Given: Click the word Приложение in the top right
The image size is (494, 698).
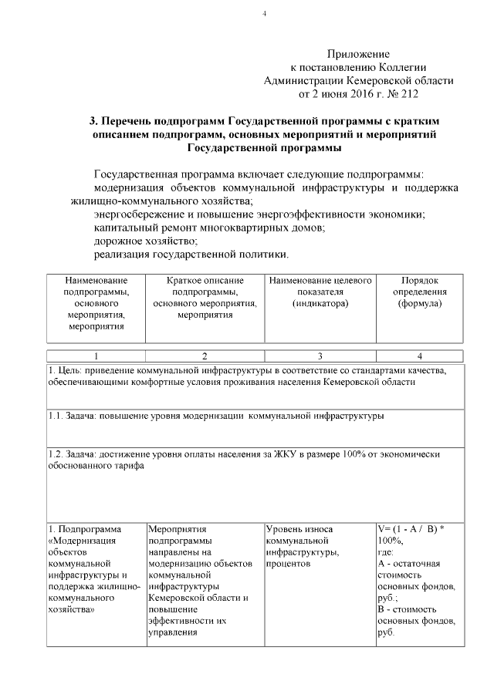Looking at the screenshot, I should pyautogui.click(x=357, y=54).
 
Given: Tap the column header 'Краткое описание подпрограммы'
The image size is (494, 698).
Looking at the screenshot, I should pyautogui.click(x=205, y=297).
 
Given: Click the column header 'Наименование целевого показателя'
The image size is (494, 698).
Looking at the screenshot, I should pyautogui.click(x=320, y=291).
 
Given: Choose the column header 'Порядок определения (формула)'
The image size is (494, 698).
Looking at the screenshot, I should pyautogui.click(x=420, y=291).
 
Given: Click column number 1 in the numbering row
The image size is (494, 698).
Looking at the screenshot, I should pyautogui.click(x=96, y=356).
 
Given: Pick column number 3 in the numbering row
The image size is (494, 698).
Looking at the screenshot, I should pyautogui.click(x=320, y=356).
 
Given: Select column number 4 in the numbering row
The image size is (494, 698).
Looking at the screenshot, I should pyautogui.click(x=419, y=356).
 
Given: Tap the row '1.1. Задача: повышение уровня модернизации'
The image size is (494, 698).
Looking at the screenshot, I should pyautogui.click(x=216, y=416).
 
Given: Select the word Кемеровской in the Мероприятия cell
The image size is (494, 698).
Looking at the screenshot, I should pyautogui.click(x=176, y=599).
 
